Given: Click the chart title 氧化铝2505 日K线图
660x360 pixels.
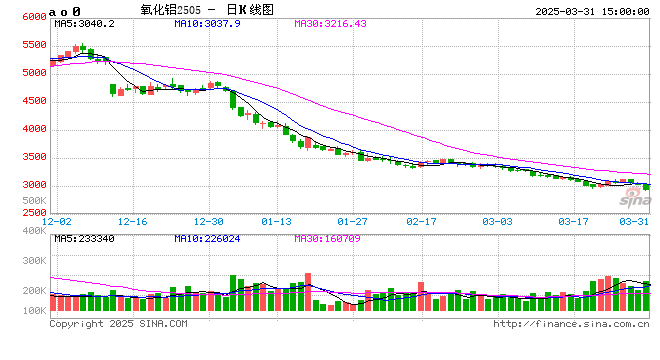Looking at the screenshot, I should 206,10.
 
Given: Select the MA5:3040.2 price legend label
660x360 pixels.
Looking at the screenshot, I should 85,22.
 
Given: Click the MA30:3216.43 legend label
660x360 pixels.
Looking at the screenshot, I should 330,22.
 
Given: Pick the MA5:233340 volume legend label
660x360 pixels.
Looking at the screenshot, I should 85,238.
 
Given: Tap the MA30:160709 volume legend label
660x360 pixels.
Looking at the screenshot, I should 328,238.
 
